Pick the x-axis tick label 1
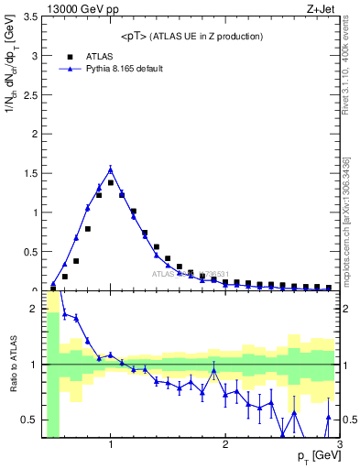[111, 445]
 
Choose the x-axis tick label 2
[225, 445]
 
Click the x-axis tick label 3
[339, 445]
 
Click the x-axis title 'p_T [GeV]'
[312, 456]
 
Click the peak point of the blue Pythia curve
[111, 169]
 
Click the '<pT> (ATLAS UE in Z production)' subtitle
[192, 37]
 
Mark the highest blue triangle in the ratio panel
[64, 314]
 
